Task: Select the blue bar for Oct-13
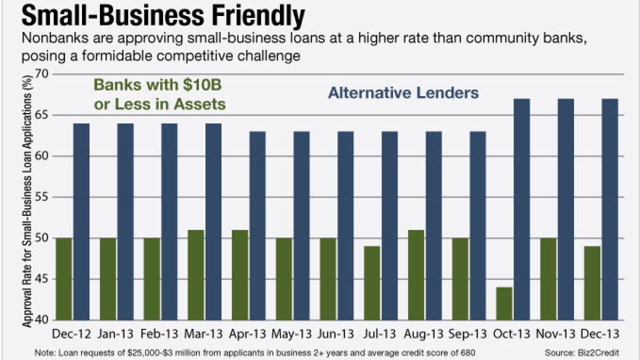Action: pyautogui.click(x=521, y=209)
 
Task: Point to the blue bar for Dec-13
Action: pyautogui.click(x=609, y=209)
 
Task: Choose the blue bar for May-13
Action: pyautogui.click(x=301, y=226)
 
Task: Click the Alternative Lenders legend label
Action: pyautogui.click(x=403, y=92)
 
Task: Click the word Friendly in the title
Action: pyautogui.click(x=247, y=16)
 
